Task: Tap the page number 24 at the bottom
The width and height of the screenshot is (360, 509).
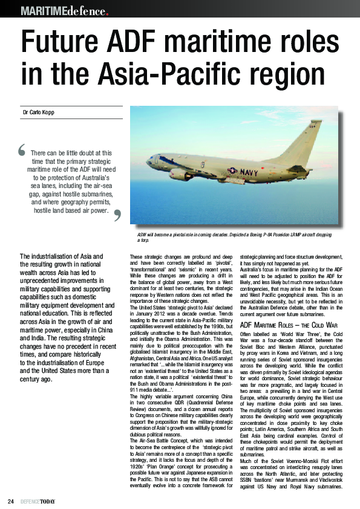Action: pyautogui.click(x=10, y=501)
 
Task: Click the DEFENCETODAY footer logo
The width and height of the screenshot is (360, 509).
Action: pyautogui.click(x=37, y=501)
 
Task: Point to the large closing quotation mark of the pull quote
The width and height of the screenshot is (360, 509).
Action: pyautogui.click(x=117, y=214)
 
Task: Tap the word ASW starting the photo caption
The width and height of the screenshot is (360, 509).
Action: pyautogui.click(x=142, y=234)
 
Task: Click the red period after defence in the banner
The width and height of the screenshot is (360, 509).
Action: pyautogui.click(x=107, y=11)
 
